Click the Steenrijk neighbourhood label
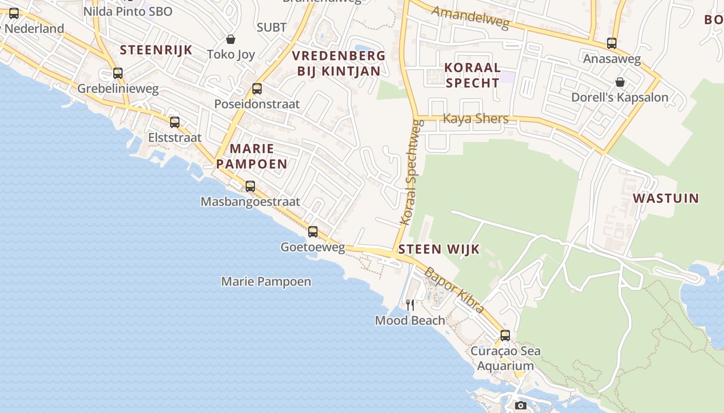[156, 50]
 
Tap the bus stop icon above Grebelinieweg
[118, 73]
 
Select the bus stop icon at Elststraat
[175, 122]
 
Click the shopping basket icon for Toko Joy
[231, 39]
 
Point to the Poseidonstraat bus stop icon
[257, 89]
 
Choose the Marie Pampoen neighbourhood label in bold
[251, 156]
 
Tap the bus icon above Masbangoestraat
[250, 186]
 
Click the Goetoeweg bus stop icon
[313, 232]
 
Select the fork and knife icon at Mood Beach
[410, 305]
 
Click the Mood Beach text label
[410, 320]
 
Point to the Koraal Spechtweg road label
[412, 172]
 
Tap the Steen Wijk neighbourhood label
[439, 249]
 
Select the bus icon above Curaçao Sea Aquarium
[505, 335]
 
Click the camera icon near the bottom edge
[521, 405]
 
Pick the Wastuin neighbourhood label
[666, 198]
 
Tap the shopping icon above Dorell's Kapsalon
[620, 82]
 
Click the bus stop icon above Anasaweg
[612, 43]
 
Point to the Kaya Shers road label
[476, 119]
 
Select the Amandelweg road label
[471, 18]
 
